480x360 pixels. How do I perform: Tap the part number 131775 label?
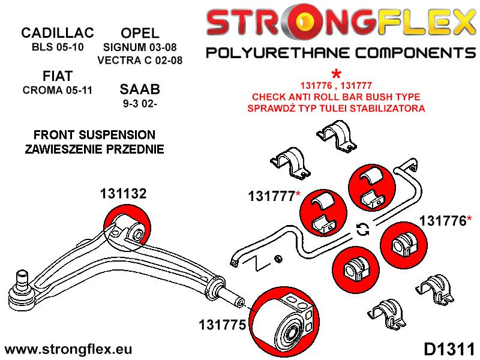tap(223, 325)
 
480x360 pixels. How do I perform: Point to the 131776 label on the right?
tap(445, 221)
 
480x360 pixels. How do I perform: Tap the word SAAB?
tap(140, 90)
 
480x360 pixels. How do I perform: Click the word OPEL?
tap(140, 33)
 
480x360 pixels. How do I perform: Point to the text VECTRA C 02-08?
tap(140, 60)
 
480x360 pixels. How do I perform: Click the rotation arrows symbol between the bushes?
tap(362, 229)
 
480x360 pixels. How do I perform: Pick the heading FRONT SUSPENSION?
tap(94, 135)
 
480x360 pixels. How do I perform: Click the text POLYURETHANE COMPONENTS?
tap(340, 53)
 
